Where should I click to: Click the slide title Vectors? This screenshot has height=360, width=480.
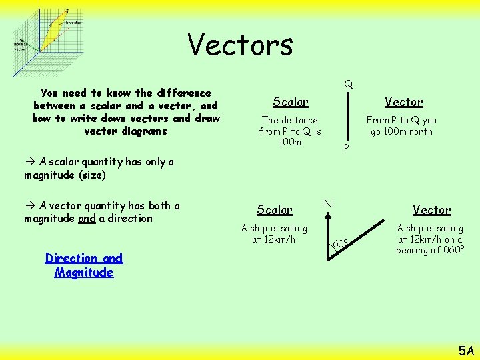[x=240, y=45]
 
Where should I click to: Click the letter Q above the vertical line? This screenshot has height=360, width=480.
[x=349, y=85]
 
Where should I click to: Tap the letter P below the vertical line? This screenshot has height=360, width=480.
[x=345, y=147]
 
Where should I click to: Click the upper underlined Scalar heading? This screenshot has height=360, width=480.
[x=291, y=102]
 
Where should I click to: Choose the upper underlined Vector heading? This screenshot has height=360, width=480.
[x=403, y=102]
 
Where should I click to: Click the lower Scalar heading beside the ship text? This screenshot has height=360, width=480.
[x=275, y=210]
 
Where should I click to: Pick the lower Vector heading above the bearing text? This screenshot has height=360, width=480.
[x=431, y=210]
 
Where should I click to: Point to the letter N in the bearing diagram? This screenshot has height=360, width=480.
[x=328, y=203]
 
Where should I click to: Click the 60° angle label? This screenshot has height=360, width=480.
[x=340, y=244]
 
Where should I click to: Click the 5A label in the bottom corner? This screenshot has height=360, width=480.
[x=465, y=349]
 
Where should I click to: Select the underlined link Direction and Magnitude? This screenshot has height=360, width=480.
[x=84, y=265]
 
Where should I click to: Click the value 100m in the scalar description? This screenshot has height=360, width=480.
[x=290, y=142]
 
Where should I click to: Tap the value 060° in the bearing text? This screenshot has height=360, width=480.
[x=451, y=250]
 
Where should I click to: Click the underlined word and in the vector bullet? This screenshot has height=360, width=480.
[x=87, y=219]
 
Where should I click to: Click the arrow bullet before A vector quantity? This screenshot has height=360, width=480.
[x=30, y=205]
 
